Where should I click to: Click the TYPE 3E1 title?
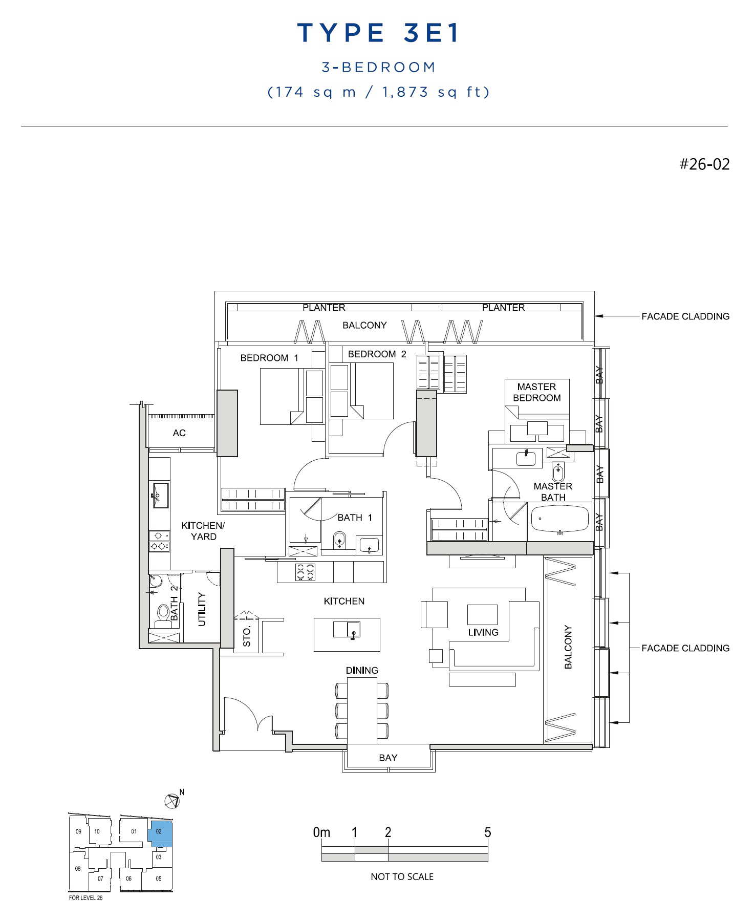[x=378, y=33]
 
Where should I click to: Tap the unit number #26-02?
[x=704, y=164]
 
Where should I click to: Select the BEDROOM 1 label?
[x=269, y=358]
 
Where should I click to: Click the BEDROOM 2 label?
[x=377, y=354]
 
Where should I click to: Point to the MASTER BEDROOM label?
[x=536, y=392]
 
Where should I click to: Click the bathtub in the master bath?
[x=560, y=520]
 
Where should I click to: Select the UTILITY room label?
[x=202, y=609]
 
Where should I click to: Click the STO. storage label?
[x=247, y=636]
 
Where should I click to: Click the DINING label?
[x=362, y=670]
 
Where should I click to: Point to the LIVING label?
[x=483, y=632]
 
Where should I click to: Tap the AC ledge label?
[x=179, y=433]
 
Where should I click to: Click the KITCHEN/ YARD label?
[x=203, y=531]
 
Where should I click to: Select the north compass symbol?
[x=172, y=801]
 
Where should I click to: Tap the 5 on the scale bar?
[x=487, y=832]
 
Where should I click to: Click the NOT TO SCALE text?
[x=402, y=877]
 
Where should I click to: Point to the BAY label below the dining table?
[x=388, y=758]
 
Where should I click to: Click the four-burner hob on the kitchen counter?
[x=305, y=572]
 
